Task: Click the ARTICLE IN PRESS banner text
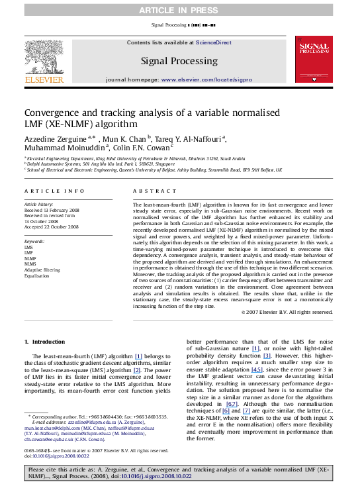[x=179, y=10]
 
